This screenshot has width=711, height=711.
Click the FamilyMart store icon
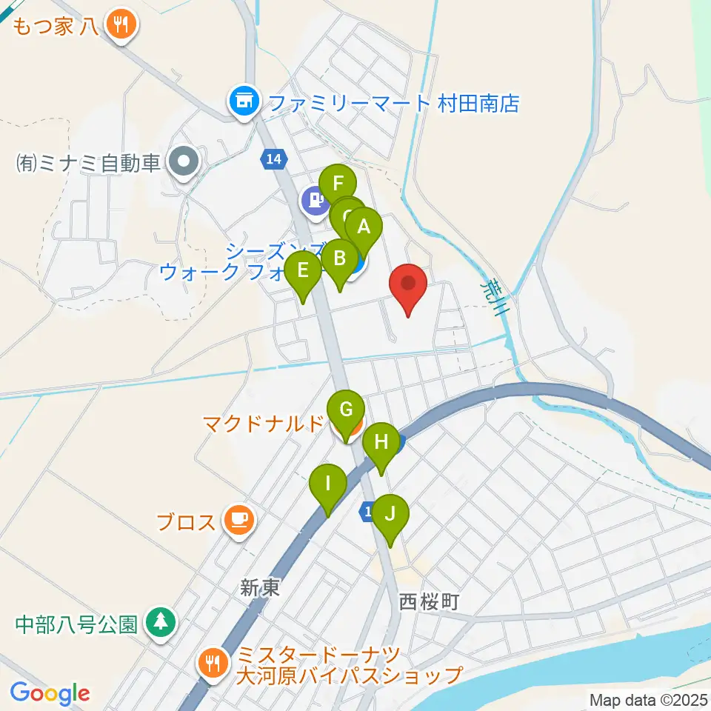(243, 101)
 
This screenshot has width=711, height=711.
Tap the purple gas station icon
(316, 201)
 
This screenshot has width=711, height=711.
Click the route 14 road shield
(272, 158)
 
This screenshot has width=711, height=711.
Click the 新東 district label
(261, 588)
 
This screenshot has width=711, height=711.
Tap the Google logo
(50, 693)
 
